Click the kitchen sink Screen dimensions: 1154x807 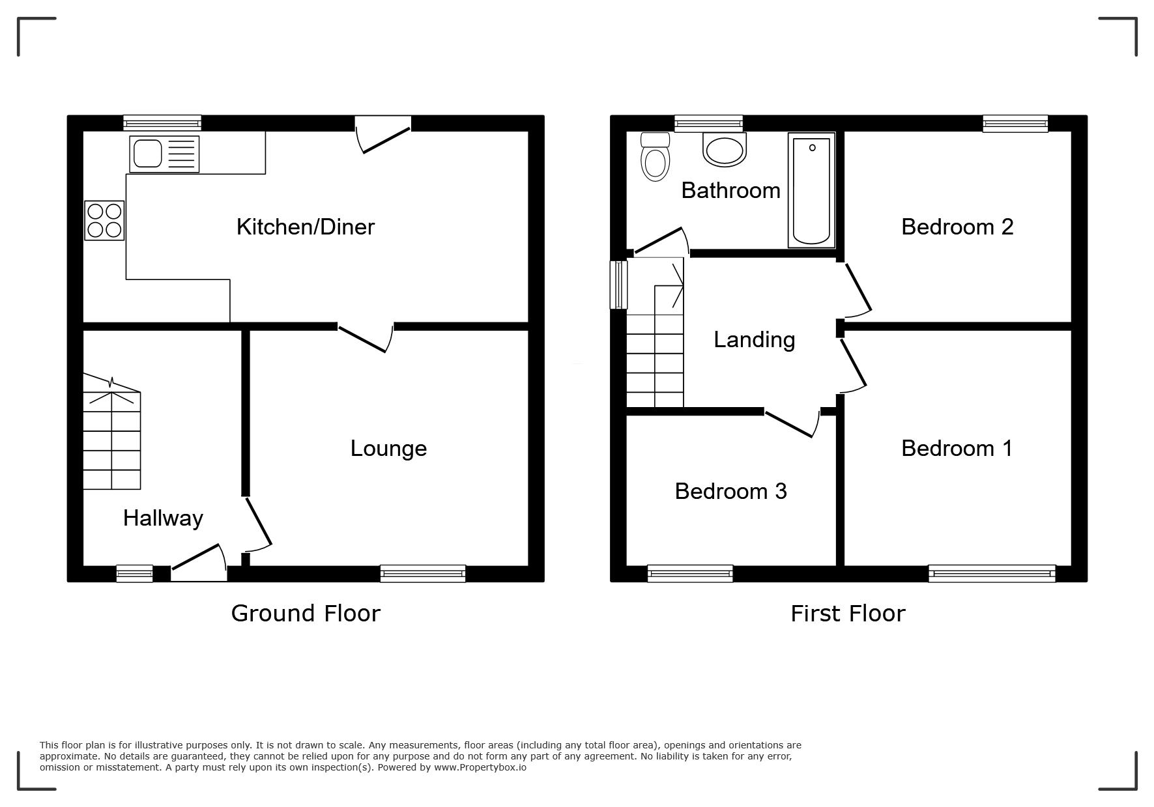point(164,154)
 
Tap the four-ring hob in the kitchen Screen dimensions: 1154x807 point(104,221)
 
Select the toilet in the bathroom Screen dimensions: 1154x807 point(655,156)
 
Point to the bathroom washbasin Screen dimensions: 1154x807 point(724,149)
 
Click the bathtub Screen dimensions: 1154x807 point(811,190)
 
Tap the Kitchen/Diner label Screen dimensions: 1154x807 point(306,227)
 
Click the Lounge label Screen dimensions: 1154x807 point(388,448)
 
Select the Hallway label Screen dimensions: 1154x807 point(163,518)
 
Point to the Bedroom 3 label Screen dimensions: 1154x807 point(730,491)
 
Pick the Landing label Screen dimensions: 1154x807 point(755,340)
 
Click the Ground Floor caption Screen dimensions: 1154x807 point(306,614)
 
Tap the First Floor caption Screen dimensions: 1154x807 point(848,614)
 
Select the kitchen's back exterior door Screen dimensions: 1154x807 point(383,135)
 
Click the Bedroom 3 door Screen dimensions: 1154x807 point(792,423)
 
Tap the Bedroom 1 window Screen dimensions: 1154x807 point(992,573)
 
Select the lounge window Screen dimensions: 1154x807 point(423,573)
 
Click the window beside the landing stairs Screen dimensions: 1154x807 point(618,285)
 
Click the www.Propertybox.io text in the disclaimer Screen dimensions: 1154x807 point(480,767)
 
